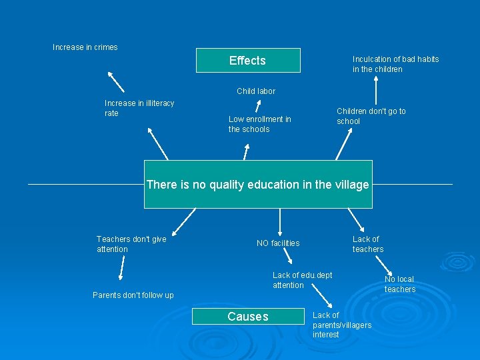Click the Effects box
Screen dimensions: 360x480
247,61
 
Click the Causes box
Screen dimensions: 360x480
247,317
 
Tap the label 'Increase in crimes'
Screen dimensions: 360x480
85,47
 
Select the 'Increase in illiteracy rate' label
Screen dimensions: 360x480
139,108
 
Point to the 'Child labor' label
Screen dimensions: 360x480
256,91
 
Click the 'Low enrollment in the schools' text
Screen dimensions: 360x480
259,124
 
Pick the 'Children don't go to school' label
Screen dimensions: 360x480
371,116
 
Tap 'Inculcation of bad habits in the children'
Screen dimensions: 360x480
395,64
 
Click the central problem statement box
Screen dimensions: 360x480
257,185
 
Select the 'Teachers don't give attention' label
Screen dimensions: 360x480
131,244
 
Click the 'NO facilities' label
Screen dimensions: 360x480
278,243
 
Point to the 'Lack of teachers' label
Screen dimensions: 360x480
368,244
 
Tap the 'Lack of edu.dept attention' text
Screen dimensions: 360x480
302,280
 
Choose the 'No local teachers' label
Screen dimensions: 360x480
400,284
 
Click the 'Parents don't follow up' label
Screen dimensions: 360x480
133,295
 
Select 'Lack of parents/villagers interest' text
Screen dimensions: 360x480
342,325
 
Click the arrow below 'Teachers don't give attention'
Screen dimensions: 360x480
121,269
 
